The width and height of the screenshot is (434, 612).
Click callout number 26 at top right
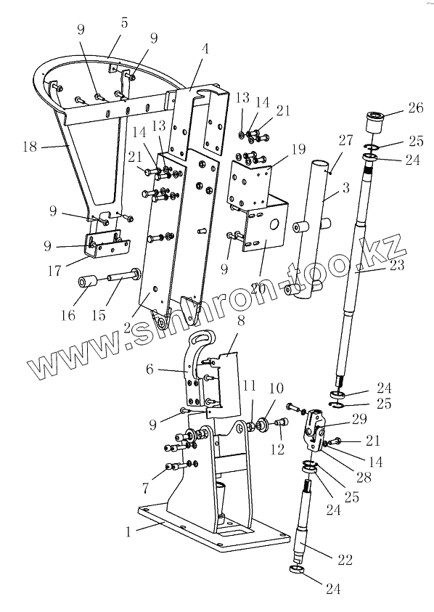(x=415, y=107)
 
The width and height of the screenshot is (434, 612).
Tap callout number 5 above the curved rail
(x=124, y=23)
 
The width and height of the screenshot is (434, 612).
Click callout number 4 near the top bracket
(x=205, y=49)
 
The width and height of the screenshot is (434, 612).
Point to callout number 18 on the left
(x=30, y=147)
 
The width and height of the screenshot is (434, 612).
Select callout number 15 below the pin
(x=99, y=314)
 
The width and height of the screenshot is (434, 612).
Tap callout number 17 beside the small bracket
(x=54, y=270)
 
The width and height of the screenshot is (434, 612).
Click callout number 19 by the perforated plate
(x=298, y=150)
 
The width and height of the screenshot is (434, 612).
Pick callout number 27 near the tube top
(x=345, y=139)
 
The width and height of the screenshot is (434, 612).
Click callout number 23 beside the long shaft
(x=397, y=266)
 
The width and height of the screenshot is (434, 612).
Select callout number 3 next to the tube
(x=345, y=188)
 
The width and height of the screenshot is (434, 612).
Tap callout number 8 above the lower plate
(x=241, y=321)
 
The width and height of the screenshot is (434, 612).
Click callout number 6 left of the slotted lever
(x=150, y=369)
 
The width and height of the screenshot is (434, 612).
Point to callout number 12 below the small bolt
(x=277, y=449)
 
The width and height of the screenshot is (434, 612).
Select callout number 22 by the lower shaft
(x=345, y=560)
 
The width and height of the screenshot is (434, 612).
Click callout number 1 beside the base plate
(x=128, y=531)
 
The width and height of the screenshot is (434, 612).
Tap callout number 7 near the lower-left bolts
(x=146, y=487)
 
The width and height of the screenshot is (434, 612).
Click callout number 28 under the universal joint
(x=364, y=477)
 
